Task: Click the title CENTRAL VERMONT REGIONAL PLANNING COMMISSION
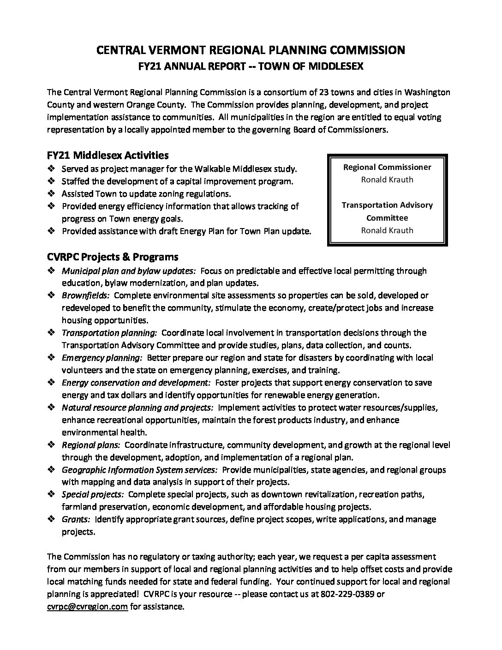[x=251, y=50]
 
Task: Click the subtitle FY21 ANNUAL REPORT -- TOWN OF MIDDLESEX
[x=251, y=66]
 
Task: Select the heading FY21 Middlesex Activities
[x=108, y=155]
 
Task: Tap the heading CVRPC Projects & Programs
[x=113, y=257]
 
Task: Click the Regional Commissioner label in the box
[x=387, y=167]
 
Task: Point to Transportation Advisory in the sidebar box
[x=387, y=205]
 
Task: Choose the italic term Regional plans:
[x=91, y=445]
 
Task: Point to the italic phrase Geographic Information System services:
[x=139, y=470]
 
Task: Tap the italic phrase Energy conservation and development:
[x=137, y=383]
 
